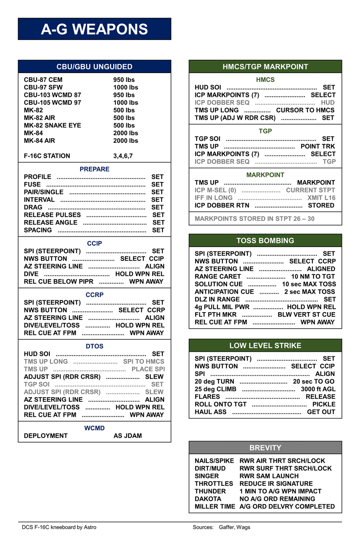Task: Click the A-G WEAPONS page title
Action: (x=94, y=29)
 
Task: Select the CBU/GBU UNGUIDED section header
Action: (x=94, y=67)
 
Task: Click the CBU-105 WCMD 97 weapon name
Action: (x=52, y=103)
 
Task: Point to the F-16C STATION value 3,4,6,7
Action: (x=123, y=156)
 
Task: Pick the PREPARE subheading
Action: (x=94, y=169)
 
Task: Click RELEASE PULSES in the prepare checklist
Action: (x=52, y=215)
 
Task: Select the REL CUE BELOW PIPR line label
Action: (x=59, y=282)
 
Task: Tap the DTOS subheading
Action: (x=94, y=346)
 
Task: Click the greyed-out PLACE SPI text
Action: (x=148, y=369)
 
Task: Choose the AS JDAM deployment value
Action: (x=127, y=436)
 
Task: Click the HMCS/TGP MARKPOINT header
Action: (x=265, y=67)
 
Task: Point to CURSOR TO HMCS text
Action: (x=305, y=110)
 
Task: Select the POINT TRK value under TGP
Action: (x=318, y=146)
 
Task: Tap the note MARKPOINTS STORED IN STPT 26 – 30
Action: (x=255, y=219)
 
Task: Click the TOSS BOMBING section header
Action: (x=265, y=241)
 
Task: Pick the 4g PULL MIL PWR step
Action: (x=222, y=307)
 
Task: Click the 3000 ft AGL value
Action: (x=318, y=389)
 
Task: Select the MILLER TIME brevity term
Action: (x=214, y=507)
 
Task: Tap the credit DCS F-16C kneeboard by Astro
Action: (x=59, y=527)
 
